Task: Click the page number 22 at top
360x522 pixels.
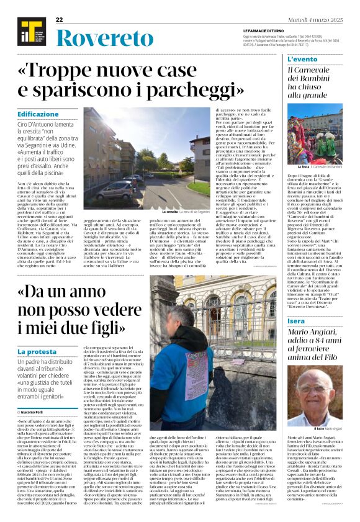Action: (x=60, y=20)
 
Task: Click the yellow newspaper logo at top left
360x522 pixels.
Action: (x=28, y=32)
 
